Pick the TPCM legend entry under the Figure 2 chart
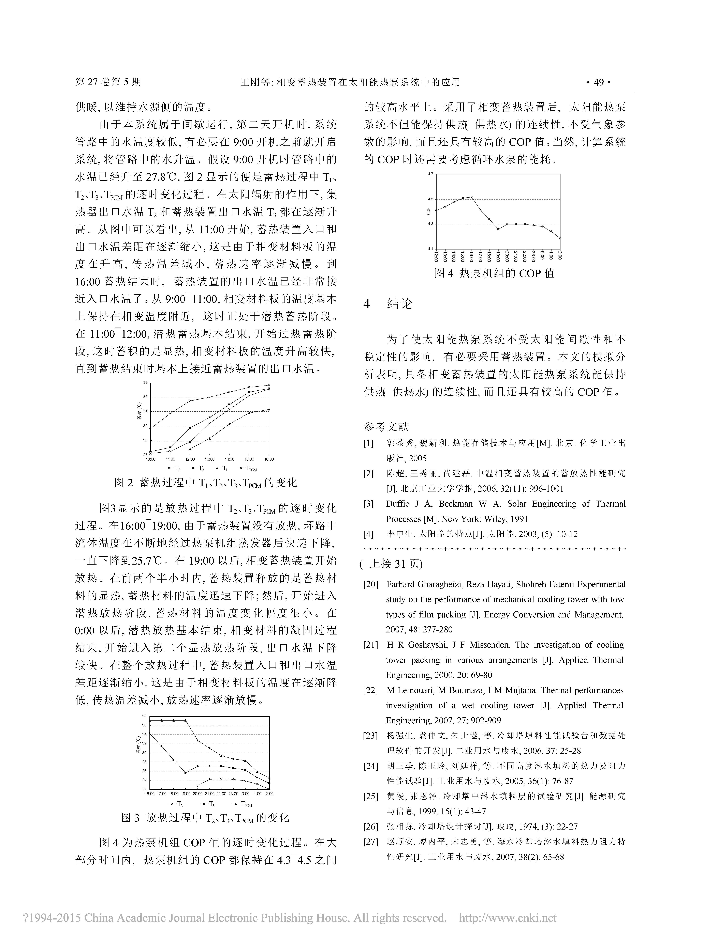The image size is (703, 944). pos(249,469)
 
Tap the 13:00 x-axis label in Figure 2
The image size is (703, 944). pos(210,459)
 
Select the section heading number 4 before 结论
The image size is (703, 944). pos(367,304)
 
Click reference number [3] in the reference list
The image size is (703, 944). pos(368,504)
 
